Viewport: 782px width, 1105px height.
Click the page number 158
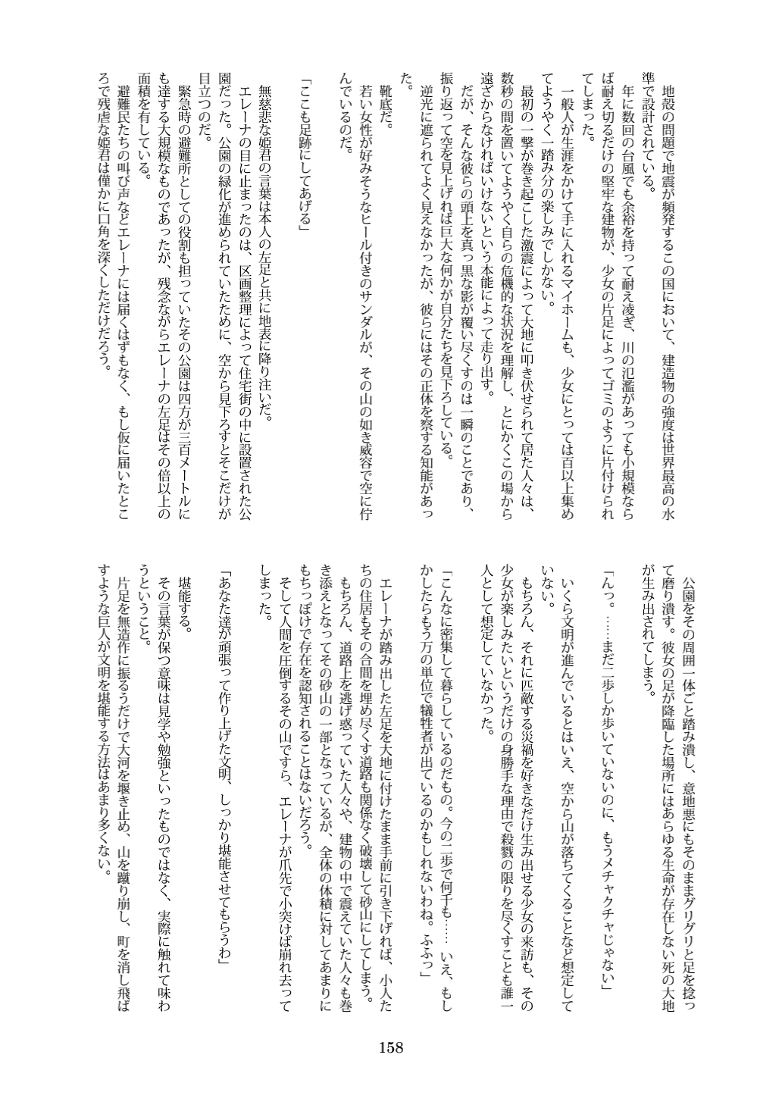pyautogui.click(x=391, y=1048)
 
